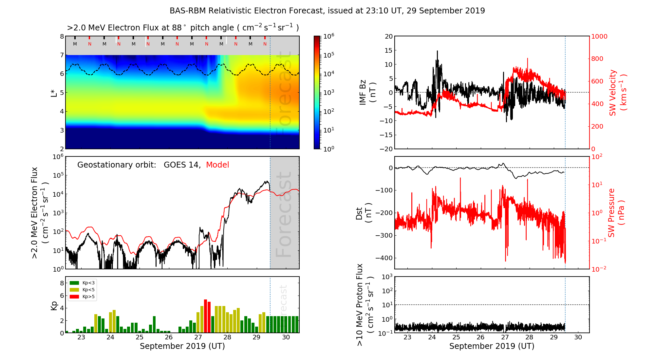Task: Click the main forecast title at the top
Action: pos(327,11)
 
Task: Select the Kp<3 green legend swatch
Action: pos(74,283)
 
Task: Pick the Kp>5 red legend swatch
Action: pos(74,297)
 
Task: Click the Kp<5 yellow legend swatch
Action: pos(74,290)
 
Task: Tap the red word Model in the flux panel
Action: pos(217,165)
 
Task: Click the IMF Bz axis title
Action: pos(367,93)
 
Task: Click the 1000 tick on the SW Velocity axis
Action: pos(599,37)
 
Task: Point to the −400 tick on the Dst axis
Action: pos(384,258)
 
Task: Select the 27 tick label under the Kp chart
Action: pos(198,337)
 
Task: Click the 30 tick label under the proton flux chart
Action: pos(578,337)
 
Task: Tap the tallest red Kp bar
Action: pos(205,316)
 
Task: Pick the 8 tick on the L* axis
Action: pos(62,37)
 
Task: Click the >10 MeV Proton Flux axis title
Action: pos(365,304)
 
